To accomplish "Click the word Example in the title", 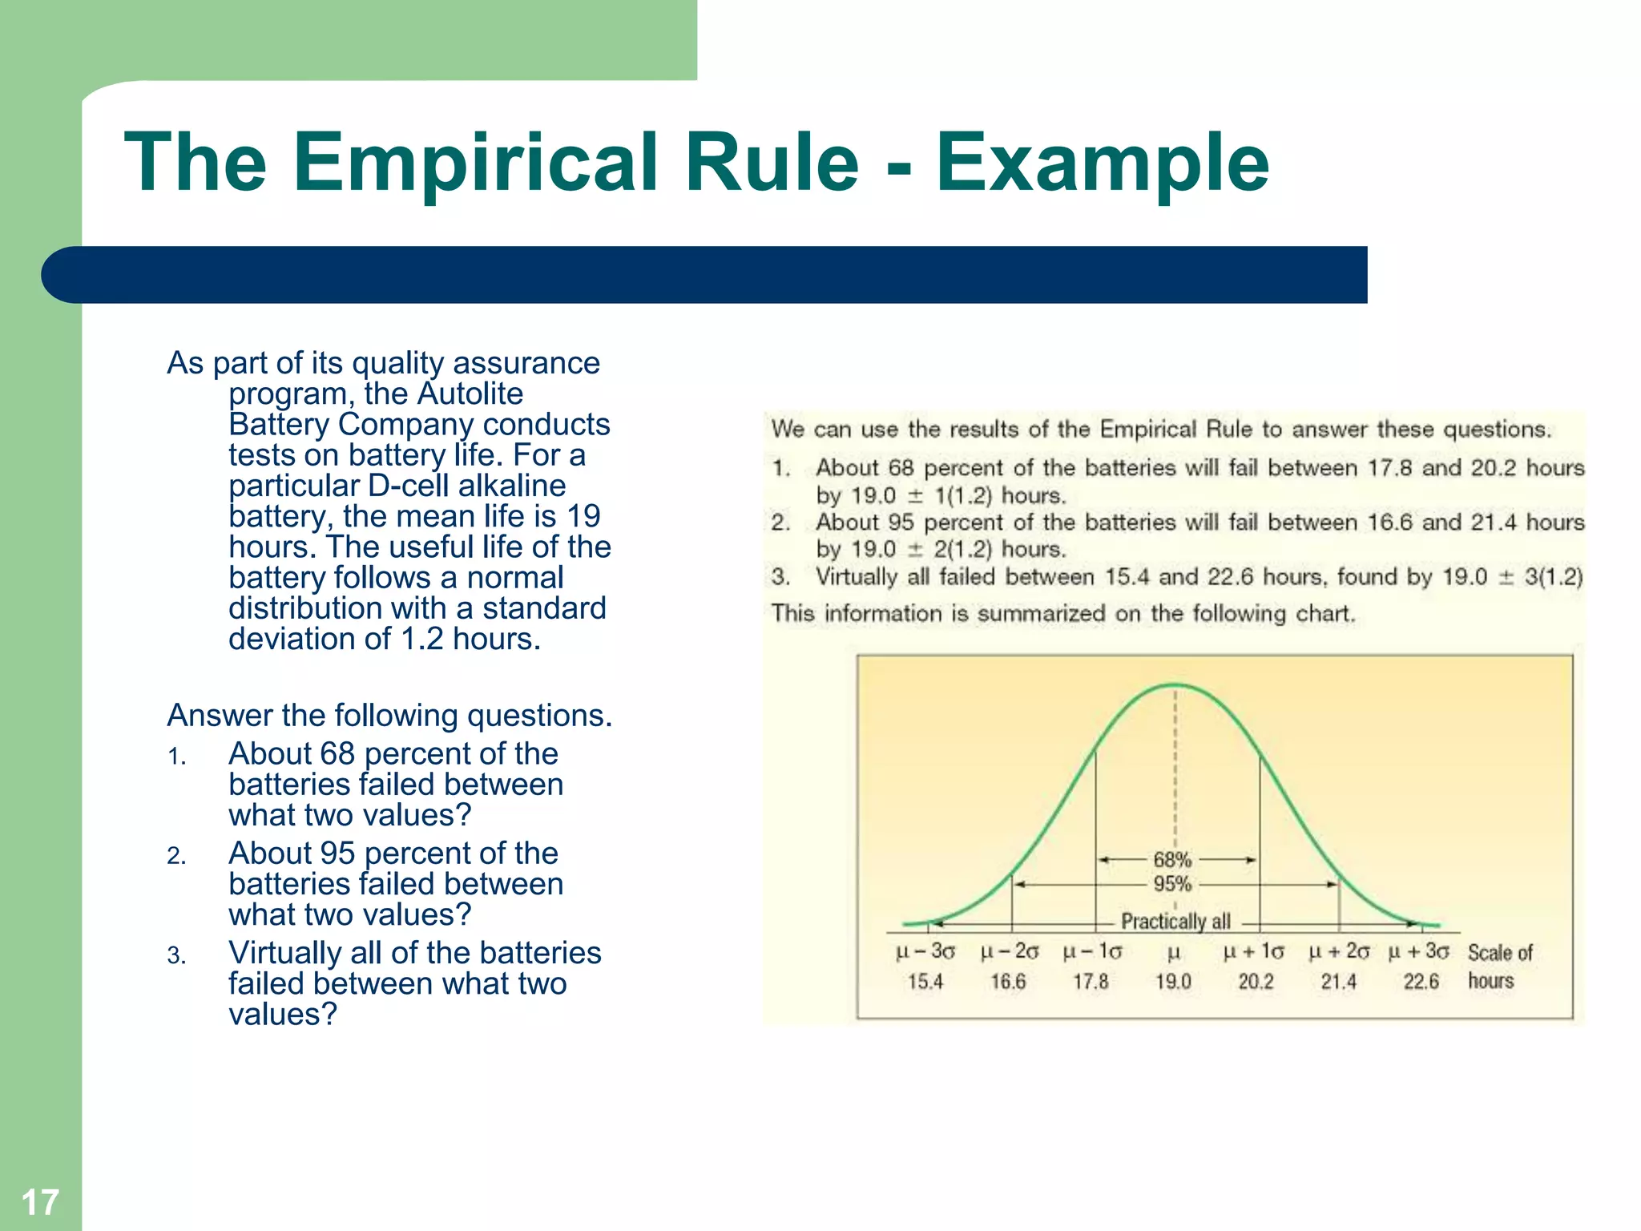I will click(x=1103, y=163).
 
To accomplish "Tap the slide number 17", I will click(x=40, y=1202).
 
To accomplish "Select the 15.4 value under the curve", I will click(x=925, y=982).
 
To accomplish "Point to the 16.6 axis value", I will click(x=1008, y=982).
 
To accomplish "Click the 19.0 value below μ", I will click(x=1173, y=982).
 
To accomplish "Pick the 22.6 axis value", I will click(x=1421, y=982).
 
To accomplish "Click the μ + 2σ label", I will click(x=1338, y=952).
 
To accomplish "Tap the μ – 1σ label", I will click(x=1091, y=952).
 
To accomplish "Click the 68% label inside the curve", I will click(x=1172, y=860).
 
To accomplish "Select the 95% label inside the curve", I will click(x=1172, y=885).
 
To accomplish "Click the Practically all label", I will click(x=1175, y=922).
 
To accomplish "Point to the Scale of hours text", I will click(x=1498, y=967).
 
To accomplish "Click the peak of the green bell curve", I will click(x=1175, y=685).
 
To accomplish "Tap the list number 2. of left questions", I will click(x=176, y=857).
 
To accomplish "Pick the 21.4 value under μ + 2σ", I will click(x=1338, y=982).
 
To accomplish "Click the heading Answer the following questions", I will click(x=389, y=715).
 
